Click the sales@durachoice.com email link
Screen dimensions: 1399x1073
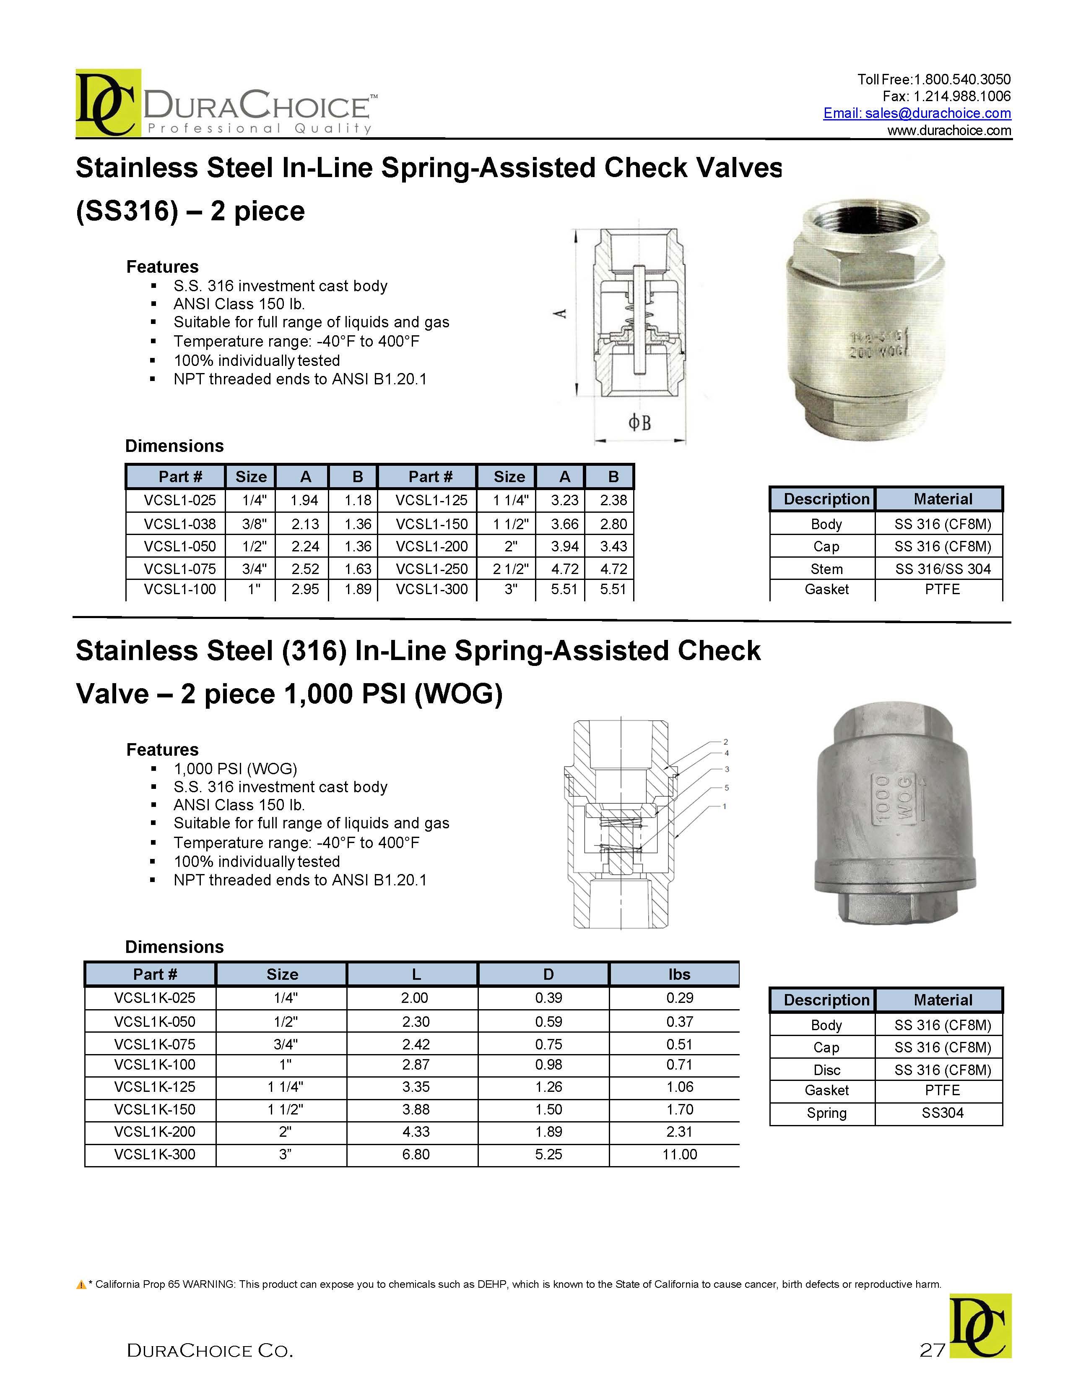tap(917, 113)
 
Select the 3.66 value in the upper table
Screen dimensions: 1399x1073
tap(565, 524)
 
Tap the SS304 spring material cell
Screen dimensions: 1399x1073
tap(942, 1113)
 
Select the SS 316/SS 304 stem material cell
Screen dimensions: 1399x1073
tap(942, 569)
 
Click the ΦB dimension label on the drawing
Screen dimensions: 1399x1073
tap(639, 423)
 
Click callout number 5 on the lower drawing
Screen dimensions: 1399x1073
tap(726, 787)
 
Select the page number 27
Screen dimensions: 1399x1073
tap(932, 1350)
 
